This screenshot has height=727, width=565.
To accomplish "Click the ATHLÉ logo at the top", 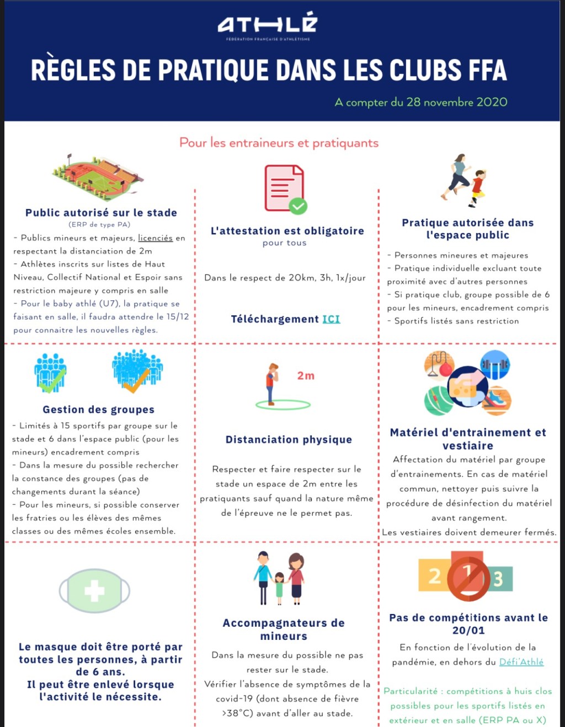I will [268, 25].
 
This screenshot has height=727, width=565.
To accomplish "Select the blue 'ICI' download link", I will [331, 319].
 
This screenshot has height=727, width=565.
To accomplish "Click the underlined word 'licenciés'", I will [155, 238].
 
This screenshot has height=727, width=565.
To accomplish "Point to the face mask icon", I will [94, 591].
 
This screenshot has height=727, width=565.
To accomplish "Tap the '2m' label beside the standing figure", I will [306, 376].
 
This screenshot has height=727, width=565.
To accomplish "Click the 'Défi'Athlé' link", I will [521, 662].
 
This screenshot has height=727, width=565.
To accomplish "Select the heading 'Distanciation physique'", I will [289, 439].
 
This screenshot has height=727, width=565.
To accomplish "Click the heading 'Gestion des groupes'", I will [98, 410].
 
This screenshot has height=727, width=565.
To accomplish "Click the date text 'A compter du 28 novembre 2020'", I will [420, 102].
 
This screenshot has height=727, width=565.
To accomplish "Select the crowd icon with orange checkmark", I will [137, 370].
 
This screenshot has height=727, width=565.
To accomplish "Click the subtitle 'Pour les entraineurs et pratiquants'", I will [279, 143].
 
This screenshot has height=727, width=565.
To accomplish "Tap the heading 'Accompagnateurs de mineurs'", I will [284, 629].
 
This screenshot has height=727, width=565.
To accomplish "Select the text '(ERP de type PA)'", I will [99, 224].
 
